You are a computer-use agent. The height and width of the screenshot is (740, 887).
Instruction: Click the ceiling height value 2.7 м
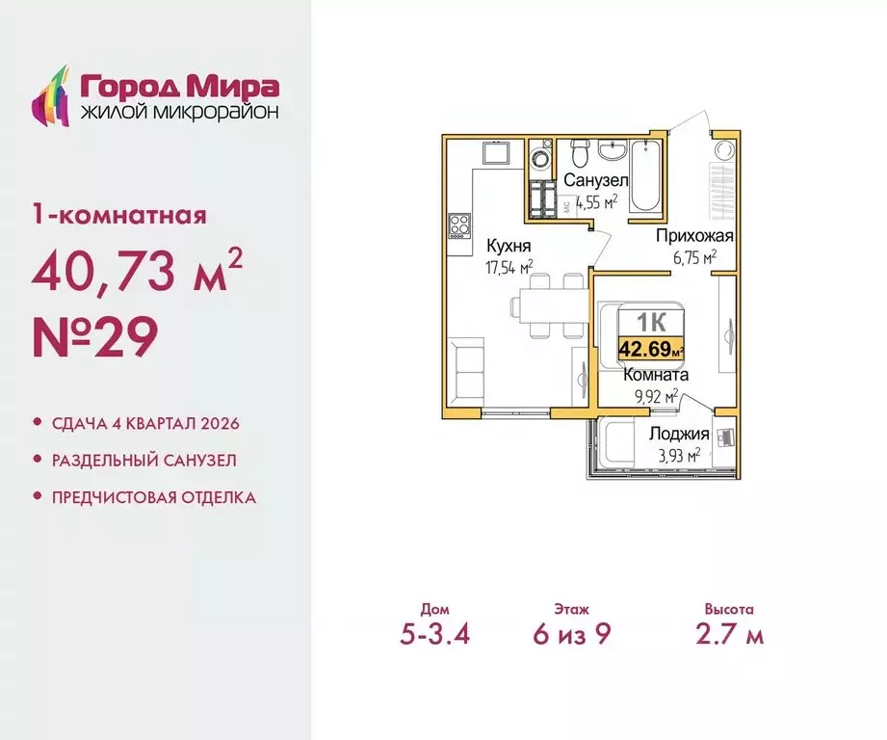728,636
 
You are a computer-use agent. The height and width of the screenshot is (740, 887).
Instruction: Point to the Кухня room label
509,245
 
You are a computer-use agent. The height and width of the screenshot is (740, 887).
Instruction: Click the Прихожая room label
695,236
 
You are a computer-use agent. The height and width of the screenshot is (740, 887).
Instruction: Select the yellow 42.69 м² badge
650,348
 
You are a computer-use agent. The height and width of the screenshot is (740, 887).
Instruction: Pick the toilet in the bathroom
579,152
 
